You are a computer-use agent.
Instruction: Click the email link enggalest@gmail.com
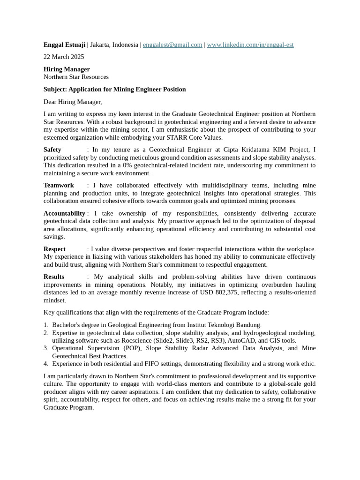(x=172, y=45)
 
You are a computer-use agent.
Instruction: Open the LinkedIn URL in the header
(x=250, y=45)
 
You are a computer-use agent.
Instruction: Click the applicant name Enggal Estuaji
(x=65, y=45)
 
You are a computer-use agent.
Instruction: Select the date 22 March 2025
(x=64, y=57)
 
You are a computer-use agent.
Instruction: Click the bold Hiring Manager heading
(x=67, y=69)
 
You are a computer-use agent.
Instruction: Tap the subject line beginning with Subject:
(x=114, y=90)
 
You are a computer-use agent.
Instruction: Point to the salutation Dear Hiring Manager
(x=73, y=102)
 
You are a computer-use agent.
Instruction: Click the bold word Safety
(x=52, y=150)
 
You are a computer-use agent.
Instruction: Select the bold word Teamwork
(x=59, y=186)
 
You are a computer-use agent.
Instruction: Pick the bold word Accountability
(x=64, y=214)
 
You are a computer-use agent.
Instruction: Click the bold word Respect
(x=54, y=249)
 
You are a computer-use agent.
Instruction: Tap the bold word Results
(x=54, y=277)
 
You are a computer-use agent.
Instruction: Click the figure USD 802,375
(x=216, y=292)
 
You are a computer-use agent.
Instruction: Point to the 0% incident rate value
(x=127, y=165)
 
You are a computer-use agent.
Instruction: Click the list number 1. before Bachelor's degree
(x=46, y=325)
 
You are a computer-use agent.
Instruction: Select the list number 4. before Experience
(x=46, y=364)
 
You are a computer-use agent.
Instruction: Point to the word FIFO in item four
(x=142, y=364)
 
